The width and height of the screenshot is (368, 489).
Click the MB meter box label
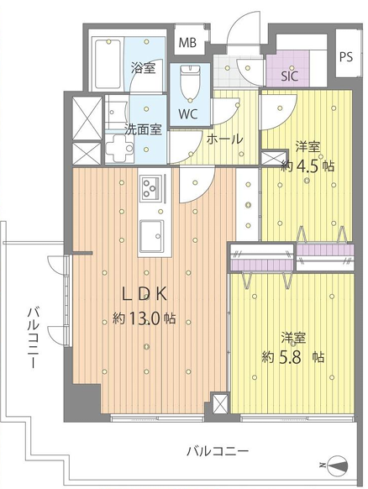point(187,42)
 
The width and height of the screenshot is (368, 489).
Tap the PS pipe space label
point(346,57)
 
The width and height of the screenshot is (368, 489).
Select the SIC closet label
point(289,76)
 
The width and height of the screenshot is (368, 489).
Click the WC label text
point(188,114)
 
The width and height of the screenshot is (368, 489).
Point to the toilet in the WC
point(190,83)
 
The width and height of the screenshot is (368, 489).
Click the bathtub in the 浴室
point(108,64)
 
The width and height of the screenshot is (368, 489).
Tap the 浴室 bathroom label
point(143,68)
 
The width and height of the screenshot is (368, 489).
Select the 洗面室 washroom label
point(143,129)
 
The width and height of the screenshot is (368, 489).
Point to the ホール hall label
point(224,139)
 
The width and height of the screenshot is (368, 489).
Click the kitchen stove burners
point(151,188)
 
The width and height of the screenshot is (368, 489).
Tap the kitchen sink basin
point(151,236)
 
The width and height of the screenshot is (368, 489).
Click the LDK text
point(145,294)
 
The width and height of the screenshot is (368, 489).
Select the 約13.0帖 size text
point(144,318)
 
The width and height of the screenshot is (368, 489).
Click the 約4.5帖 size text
point(308,166)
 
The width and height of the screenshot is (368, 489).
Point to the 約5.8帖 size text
point(292,357)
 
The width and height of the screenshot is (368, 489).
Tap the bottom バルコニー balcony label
point(218,451)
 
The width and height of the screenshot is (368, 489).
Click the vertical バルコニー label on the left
point(34,337)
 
